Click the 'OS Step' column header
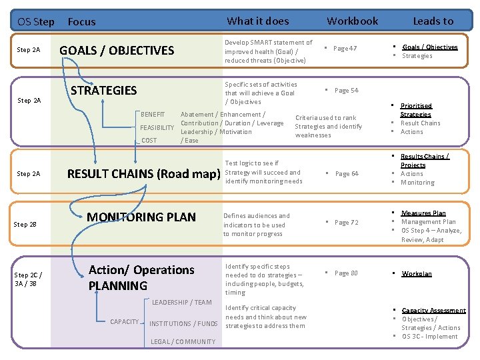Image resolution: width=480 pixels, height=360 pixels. pyautogui.click(x=36, y=21)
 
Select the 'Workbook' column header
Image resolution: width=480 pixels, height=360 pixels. pyautogui.click(x=352, y=21)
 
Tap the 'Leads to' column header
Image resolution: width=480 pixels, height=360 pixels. pyautogui.click(x=433, y=21)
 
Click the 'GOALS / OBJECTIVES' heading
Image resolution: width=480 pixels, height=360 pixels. pyautogui.click(x=117, y=50)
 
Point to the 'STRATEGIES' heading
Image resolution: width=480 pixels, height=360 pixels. pyautogui.click(x=103, y=91)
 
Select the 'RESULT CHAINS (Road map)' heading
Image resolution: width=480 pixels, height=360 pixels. pyautogui.click(x=144, y=175)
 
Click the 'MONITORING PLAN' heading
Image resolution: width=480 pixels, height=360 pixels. pyautogui.click(x=141, y=217)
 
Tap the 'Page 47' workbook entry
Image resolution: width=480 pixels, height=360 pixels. pyautogui.click(x=345, y=49)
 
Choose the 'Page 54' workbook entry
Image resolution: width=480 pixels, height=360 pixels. pyautogui.click(x=346, y=91)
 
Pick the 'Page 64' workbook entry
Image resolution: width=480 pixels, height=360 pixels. pyautogui.click(x=346, y=174)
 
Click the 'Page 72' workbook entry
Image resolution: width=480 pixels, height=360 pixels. pyautogui.click(x=346, y=222)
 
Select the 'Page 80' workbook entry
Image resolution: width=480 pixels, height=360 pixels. pyautogui.click(x=346, y=273)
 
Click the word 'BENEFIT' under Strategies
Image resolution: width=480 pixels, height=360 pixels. pyautogui.click(x=153, y=115)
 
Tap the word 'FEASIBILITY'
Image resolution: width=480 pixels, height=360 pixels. pyautogui.click(x=157, y=127)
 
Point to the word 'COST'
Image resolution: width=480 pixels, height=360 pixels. pyautogui.click(x=149, y=141)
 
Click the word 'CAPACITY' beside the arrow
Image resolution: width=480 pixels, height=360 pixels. pyautogui.click(x=125, y=322)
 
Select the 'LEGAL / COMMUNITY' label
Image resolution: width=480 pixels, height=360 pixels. pyautogui.click(x=183, y=342)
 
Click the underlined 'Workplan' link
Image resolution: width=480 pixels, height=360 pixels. pyautogui.click(x=417, y=274)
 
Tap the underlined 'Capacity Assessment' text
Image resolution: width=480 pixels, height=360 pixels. pyautogui.click(x=433, y=311)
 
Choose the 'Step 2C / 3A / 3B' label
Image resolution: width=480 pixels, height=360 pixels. pyautogui.click(x=29, y=279)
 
